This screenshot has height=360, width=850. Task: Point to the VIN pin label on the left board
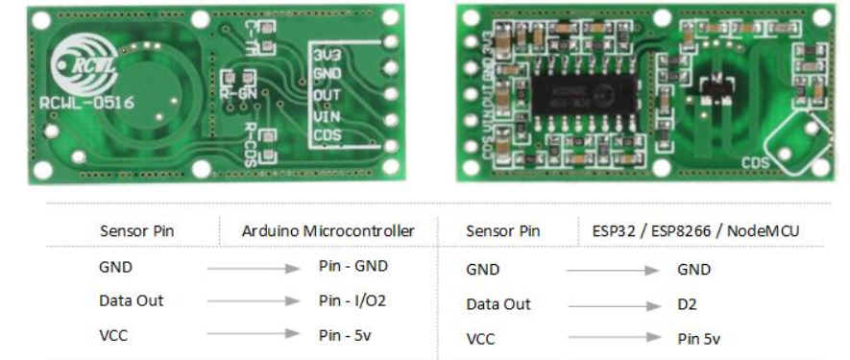coord(328,115)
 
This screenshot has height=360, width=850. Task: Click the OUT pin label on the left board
coord(328,95)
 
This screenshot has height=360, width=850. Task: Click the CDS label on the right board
coord(755,163)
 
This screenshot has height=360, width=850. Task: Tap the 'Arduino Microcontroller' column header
coord(328,230)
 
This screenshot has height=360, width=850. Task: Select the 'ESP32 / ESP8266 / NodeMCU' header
coord(688,230)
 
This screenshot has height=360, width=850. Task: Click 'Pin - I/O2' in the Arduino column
coord(352,300)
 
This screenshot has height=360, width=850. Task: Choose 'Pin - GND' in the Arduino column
coord(352,266)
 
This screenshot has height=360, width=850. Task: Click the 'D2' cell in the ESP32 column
coord(687,304)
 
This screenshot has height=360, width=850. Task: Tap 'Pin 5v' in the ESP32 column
coord(698,338)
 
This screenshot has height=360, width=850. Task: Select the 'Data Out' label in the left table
coord(132,300)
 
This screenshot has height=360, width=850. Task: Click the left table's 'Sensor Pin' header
coord(136,230)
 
